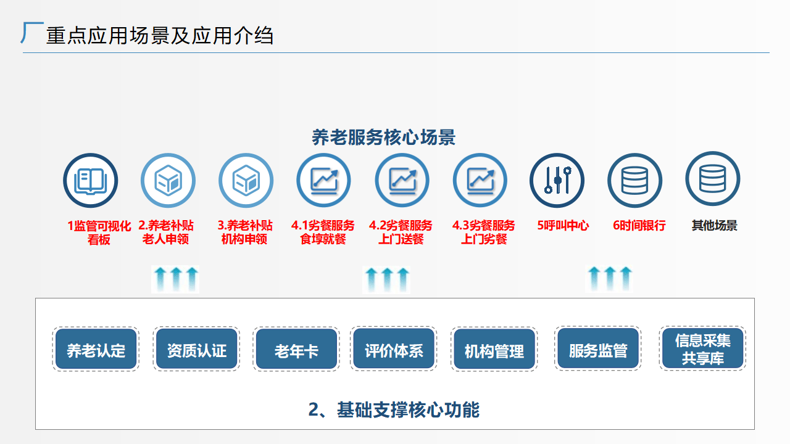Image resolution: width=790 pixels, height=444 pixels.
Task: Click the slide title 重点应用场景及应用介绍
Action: (x=159, y=36)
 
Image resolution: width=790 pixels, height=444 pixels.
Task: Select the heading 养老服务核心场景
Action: (x=383, y=137)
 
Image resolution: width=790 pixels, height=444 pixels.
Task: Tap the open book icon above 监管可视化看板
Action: (x=90, y=181)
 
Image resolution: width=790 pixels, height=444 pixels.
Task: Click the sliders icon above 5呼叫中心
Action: (x=557, y=181)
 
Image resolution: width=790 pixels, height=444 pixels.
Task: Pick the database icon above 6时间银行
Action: (x=634, y=181)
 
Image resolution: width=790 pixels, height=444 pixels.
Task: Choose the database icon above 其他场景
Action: (x=712, y=179)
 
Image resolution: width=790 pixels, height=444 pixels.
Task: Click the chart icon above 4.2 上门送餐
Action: (x=402, y=181)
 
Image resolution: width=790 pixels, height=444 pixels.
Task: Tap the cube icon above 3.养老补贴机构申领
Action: (x=246, y=181)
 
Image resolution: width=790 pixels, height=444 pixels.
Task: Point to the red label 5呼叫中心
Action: (x=563, y=226)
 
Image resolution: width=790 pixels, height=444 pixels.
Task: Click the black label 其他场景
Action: (x=714, y=226)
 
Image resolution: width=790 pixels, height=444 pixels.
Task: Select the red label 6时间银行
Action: (x=639, y=226)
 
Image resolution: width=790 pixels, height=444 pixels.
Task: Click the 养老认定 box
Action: (x=96, y=350)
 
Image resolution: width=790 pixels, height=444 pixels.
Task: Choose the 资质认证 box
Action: (x=196, y=350)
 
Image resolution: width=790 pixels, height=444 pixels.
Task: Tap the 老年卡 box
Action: (x=296, y=350)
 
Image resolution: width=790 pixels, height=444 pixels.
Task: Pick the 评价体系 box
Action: (x=394, y=350)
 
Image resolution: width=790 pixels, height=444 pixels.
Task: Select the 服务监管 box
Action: (x=597, y=350)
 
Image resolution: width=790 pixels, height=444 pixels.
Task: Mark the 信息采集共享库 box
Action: (x=702, y=349)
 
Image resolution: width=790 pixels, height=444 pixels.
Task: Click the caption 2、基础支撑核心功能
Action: (x=394, y=409)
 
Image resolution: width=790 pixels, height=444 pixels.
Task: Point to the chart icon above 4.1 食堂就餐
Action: (x=323, y=181)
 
